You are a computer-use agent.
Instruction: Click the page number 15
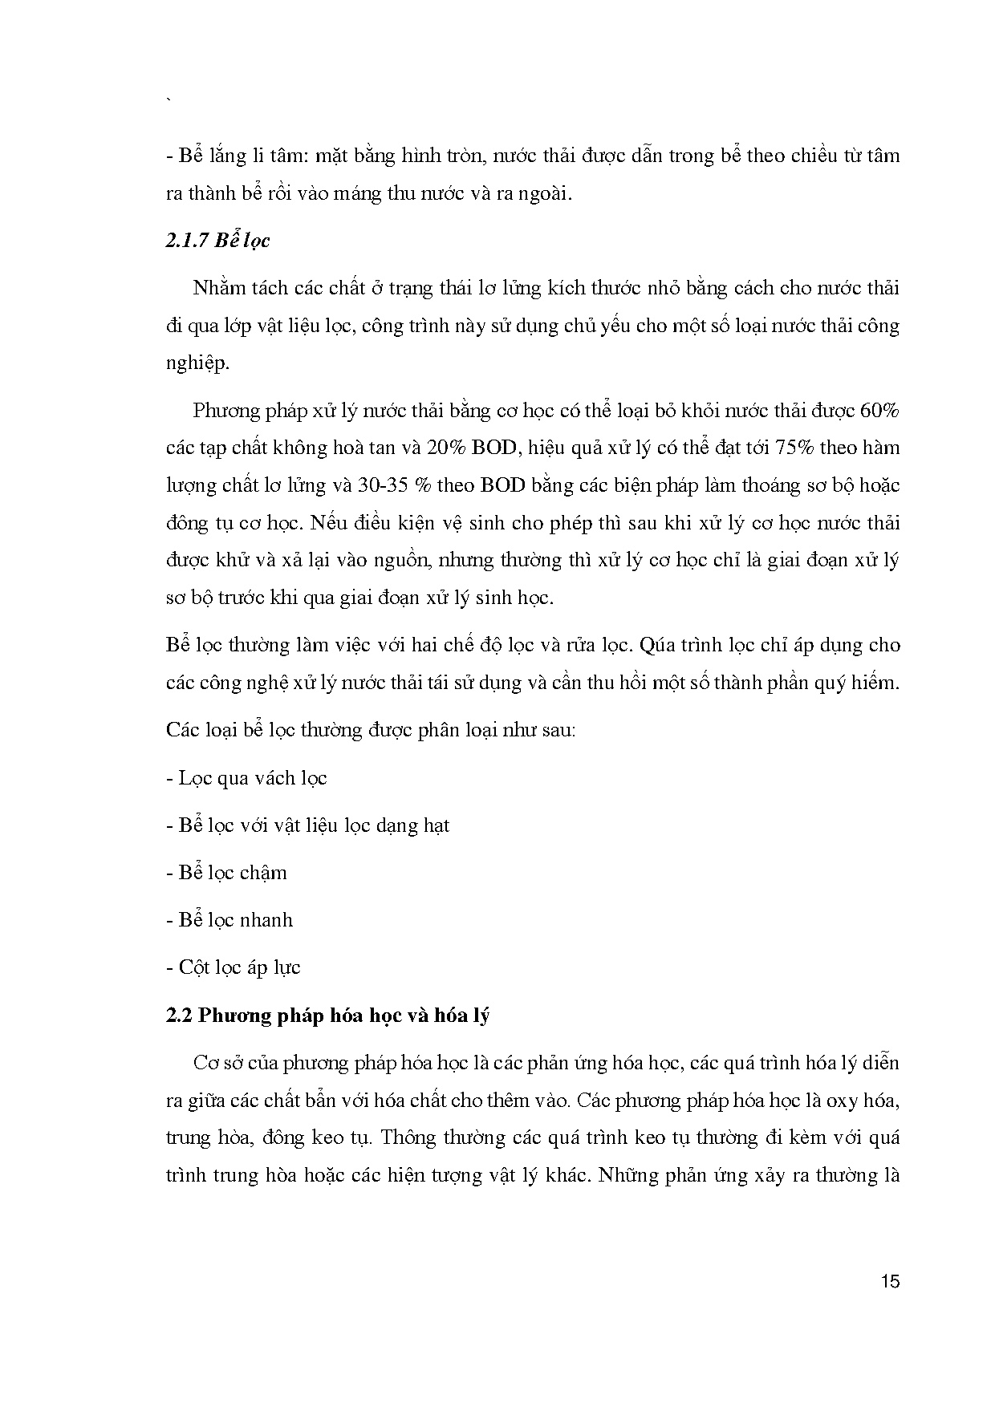pos(890,1281)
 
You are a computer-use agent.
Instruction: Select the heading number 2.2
pos(179,1015)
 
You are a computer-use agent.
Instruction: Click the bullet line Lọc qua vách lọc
pos(246,778)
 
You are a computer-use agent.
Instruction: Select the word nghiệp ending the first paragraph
pos(197,363)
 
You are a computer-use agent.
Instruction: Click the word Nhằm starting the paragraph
pos(217,288)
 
